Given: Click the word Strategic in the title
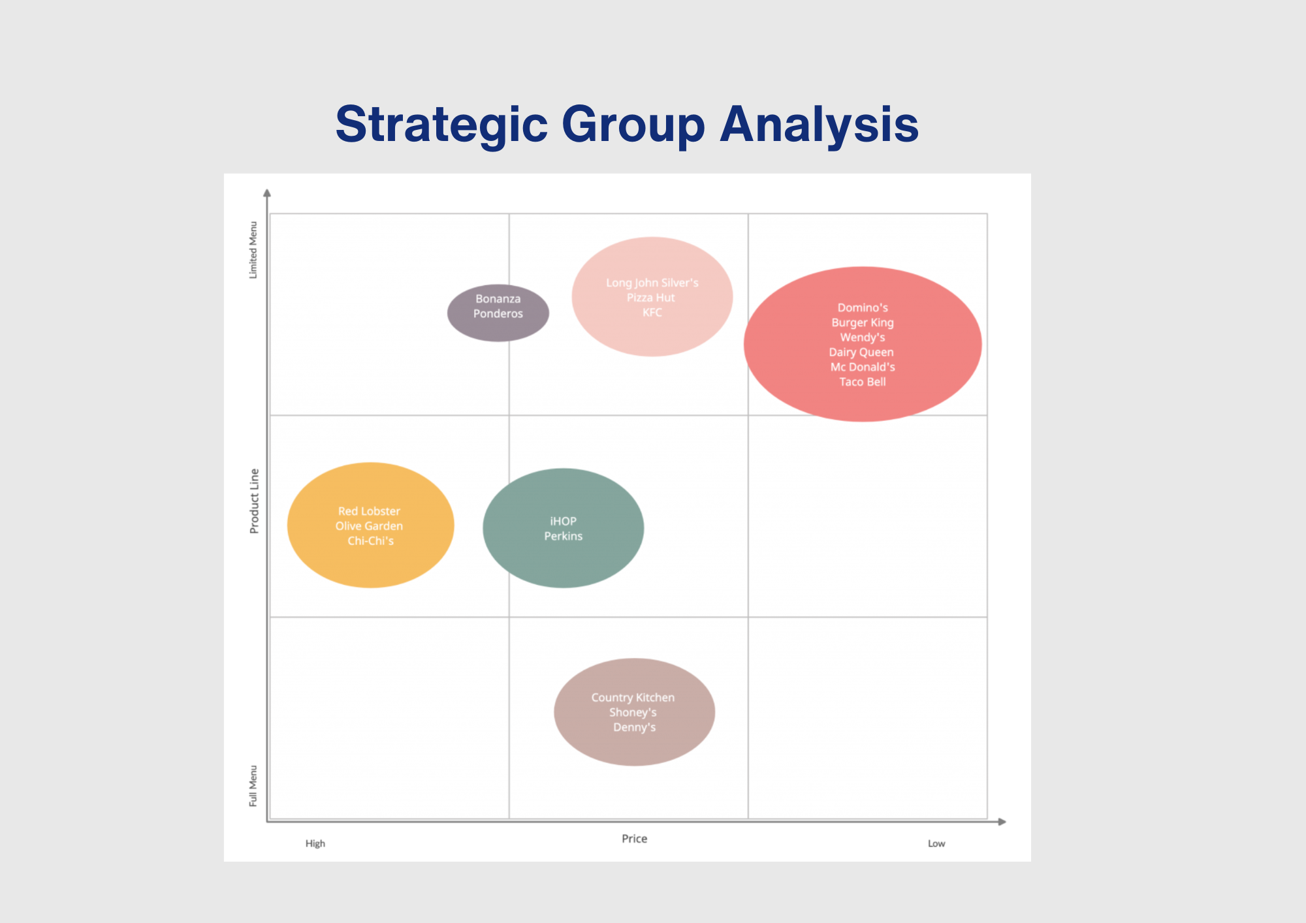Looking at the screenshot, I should click(441, 124).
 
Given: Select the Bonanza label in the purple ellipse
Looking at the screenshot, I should click(498, 298).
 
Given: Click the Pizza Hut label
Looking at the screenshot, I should click(650, 298).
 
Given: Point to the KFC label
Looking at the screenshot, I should click(652, 313).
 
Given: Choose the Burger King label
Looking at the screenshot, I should click(862, 322).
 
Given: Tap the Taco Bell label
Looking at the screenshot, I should click(862, 382).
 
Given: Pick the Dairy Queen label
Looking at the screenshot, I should click(861, 352).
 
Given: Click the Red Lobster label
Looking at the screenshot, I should click(369, 511).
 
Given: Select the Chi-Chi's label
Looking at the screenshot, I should click(370, 541).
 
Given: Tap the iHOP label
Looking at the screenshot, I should click(563, 521).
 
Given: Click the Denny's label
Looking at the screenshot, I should click(634, 727).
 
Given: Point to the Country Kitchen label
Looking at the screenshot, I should click(633, 697).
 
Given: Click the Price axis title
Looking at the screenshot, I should click(634, 839).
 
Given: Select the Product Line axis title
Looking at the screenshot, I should click(254, 501).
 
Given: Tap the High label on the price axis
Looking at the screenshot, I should click(315, 843).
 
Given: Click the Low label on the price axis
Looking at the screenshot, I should click(936, 843).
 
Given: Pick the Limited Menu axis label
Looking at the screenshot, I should click(253, 250).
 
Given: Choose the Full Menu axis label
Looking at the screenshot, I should click(253, 786).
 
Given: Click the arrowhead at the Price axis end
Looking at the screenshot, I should click(1002, 822).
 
